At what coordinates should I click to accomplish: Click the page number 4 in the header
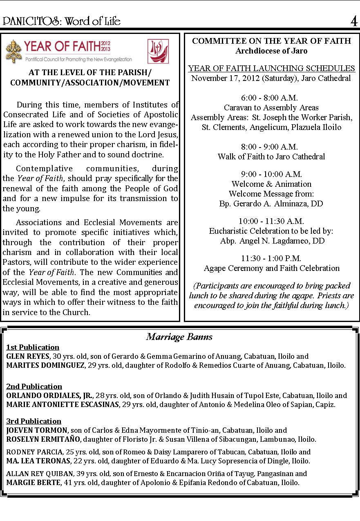pos(353,21)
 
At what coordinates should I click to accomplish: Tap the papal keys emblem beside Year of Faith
pos(13,51)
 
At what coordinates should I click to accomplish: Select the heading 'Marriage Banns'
pos(179,337)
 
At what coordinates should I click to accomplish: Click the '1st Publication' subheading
pos(33,347)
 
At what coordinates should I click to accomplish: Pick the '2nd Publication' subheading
pos(34,386)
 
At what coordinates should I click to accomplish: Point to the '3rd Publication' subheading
pos(34,421)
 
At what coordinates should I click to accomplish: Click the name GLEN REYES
pos(27,356)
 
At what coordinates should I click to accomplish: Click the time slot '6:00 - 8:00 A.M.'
pos(269,98)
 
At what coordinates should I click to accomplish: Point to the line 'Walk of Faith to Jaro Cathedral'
pos(271,157)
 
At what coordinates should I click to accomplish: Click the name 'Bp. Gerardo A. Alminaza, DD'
pos(271,203)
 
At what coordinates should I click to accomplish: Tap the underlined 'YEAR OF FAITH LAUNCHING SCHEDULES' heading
pos(271,68)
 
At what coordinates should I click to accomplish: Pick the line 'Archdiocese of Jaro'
pos(271,51)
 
